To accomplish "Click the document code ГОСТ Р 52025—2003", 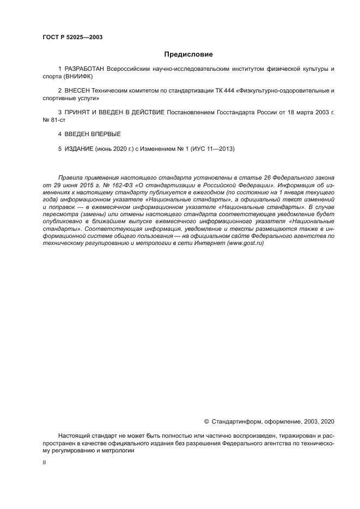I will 72,37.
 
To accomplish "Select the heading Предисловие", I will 188,54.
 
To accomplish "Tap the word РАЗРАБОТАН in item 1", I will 85,69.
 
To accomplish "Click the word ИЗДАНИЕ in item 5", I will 79,149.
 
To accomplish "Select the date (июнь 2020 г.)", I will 113,149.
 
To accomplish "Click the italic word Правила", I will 71,178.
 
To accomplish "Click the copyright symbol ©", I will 206,421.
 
